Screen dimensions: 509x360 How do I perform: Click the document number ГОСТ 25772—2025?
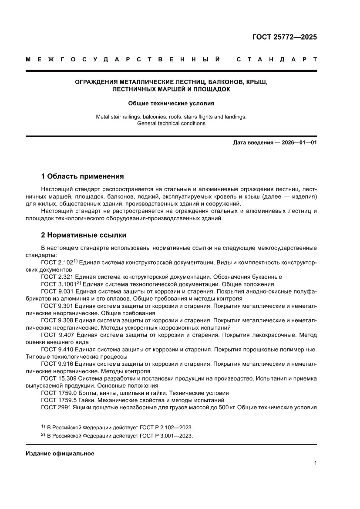tap(285, 37)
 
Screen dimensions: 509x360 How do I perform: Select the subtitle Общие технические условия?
tap(171, 104)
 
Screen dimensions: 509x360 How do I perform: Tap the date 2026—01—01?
tap(297, 143)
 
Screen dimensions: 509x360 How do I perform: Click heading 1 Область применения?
tap(82, 176)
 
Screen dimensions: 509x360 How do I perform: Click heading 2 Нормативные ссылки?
tap(84, 235)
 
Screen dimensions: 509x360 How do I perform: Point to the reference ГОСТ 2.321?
tap(57, 276)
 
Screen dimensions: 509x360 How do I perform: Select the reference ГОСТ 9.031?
tap(57, 291)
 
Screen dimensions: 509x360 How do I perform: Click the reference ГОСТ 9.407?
tap(57, 335)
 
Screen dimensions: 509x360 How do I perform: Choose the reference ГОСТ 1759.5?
tap(59, 400)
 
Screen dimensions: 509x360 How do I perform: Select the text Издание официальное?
tap(60, 454)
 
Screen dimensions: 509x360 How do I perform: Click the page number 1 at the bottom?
tap(315, 463)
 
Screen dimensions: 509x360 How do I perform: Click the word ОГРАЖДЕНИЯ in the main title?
tap(94, 82)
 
